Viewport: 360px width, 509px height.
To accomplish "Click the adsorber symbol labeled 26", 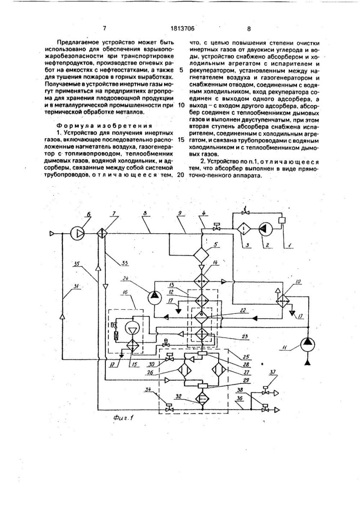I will [185, 369].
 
